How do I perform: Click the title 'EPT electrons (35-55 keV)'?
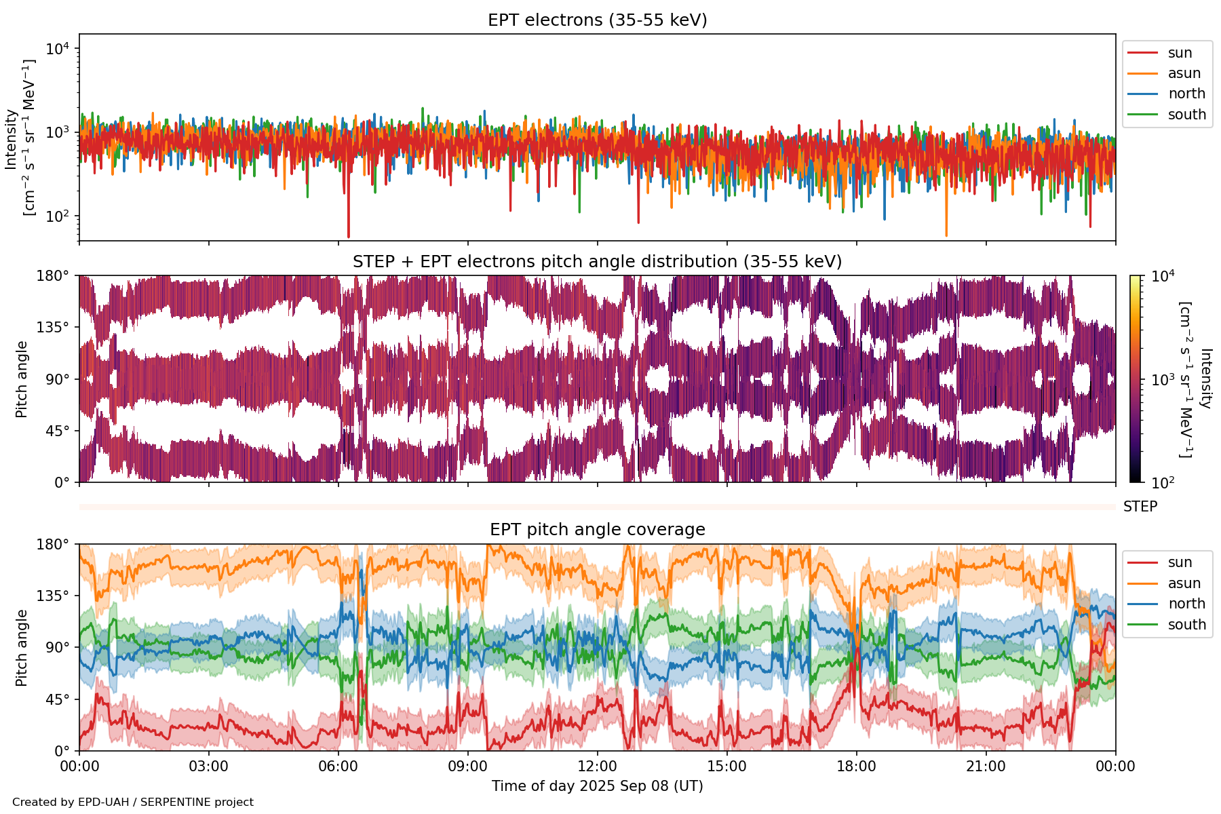tap(597, 20)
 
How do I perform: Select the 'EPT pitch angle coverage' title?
tap(597, 530)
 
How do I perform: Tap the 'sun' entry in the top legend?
tap(1180, 53)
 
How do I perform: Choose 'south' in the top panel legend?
tap(1186, 115)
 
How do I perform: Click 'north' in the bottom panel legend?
tap(1186, 604)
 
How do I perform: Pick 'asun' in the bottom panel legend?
tap(1184, 583)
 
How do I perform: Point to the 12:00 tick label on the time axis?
tap(597, 767)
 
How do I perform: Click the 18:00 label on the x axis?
tap(856, 767)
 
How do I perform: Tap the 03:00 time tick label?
tap(209, 767)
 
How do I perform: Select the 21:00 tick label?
tap(986, 767)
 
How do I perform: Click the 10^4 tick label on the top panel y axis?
tap(57, 49)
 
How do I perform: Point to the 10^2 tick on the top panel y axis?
tap(57, 216)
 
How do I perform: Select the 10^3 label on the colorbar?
tap(1163, 380)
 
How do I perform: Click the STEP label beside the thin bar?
tap(1140, 507)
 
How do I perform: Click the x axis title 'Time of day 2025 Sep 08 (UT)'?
tap(597, 786)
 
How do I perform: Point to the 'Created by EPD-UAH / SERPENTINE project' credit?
tap(133, 802)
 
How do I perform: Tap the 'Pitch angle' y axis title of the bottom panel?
tap(22, 648)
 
